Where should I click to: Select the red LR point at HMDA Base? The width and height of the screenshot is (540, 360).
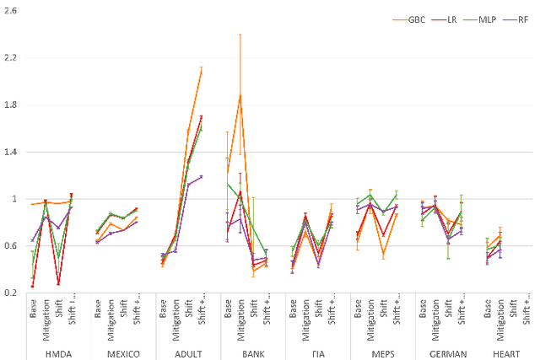click(33, 286)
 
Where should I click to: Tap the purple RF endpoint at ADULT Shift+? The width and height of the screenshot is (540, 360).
click(201, 176)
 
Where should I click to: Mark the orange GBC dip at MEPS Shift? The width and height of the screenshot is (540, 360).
click(383, 254)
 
